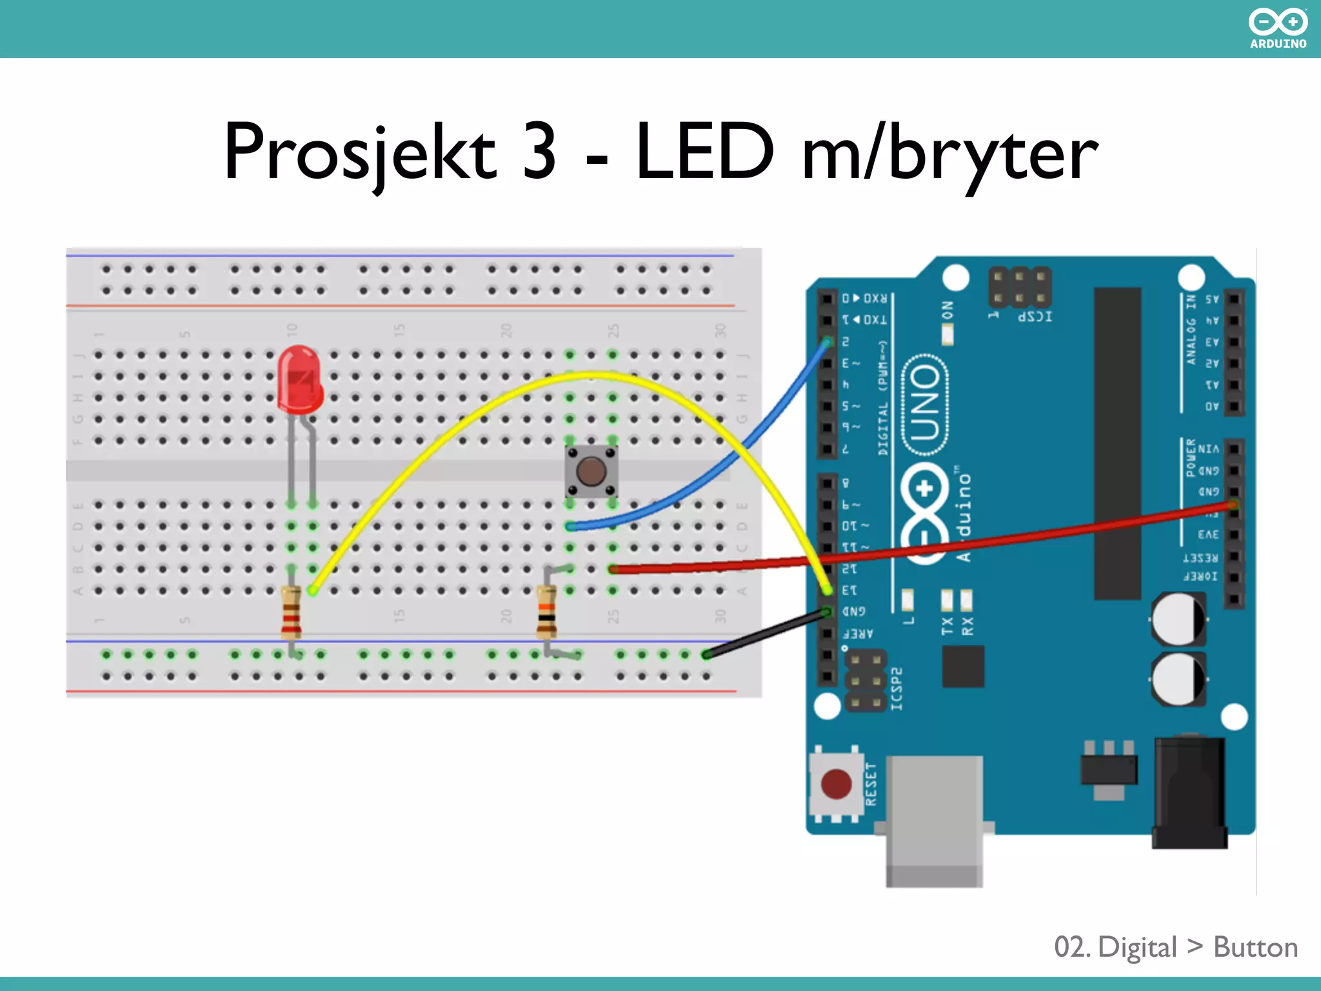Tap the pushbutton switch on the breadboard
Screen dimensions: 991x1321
pos(591,471)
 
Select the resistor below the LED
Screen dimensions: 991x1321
pos(291,612)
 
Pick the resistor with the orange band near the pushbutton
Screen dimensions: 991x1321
pos(547,611)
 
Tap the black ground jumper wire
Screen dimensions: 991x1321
pos(768,633)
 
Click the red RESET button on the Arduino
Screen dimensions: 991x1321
pos(836,784)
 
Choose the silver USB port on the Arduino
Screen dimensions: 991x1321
pos(934,819)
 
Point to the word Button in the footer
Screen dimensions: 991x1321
pos(1255,947)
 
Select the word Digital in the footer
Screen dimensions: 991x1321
pos(1137,947)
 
